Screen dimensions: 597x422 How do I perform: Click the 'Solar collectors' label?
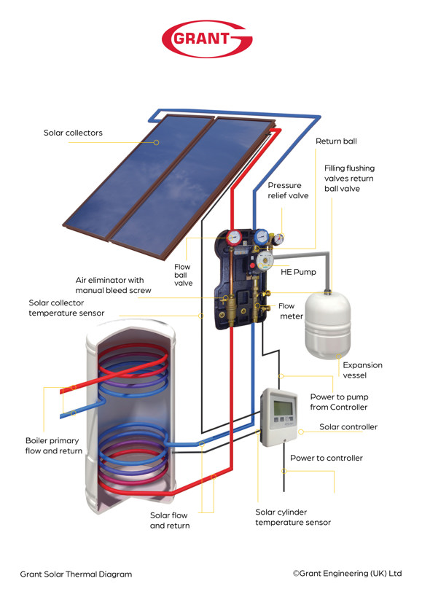tap(73, 133)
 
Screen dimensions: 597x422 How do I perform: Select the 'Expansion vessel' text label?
tap(362, 370)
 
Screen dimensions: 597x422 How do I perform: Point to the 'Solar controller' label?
tap(348, 426)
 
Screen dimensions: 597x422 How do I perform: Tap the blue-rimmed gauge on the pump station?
tap(260, 236)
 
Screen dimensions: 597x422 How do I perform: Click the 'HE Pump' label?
tap(297, 271)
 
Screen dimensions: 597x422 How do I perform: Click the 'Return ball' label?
tap(336, 141)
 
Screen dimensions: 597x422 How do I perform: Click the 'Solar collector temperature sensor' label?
tap(66, 308)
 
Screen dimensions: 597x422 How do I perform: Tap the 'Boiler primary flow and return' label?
tap(53, 446)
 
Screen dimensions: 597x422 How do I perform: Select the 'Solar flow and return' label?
tap(169, 520)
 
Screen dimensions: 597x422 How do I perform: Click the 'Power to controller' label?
tap(326, 458)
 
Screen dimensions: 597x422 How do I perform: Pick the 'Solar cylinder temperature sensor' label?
tap(292, 517)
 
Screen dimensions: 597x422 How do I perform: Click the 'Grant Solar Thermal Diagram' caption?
tap(76, 574)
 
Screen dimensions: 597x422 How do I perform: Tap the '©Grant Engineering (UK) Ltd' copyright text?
tap(347, 573)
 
